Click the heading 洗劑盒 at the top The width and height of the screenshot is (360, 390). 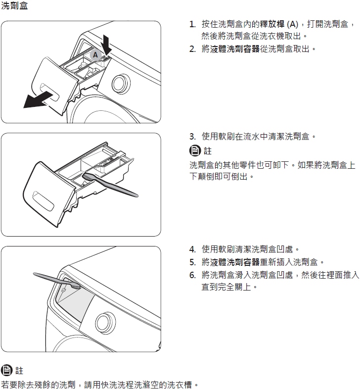click(x=14, y=5)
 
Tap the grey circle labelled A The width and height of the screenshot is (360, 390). click(x=95, y=55)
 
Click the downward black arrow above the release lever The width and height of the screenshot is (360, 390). click(x=106, y=45)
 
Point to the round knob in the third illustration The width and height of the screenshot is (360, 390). click(x=105, y=322)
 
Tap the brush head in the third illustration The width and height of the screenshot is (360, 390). click(x=76, y=286)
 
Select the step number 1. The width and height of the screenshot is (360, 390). click(x=192, y=24)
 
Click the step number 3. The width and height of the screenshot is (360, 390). click(x=192, y=136)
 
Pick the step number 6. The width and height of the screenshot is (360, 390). click(x=192, y=275)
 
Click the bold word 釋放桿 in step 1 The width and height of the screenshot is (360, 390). click(x=272, y=24)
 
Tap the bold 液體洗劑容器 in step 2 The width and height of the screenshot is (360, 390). click(x=235, y=49)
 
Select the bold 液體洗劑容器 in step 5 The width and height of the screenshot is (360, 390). click(x=235, y=262)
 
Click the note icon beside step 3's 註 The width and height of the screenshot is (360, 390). click(x=195, y=150)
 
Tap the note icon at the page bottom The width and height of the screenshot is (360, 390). click(x=6, y=370)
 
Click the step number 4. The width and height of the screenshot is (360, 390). click(x=192, y=249)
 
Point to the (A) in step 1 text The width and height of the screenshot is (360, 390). click(x=292, y=24)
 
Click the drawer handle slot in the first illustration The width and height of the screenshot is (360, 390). click(x=49, y=93)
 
